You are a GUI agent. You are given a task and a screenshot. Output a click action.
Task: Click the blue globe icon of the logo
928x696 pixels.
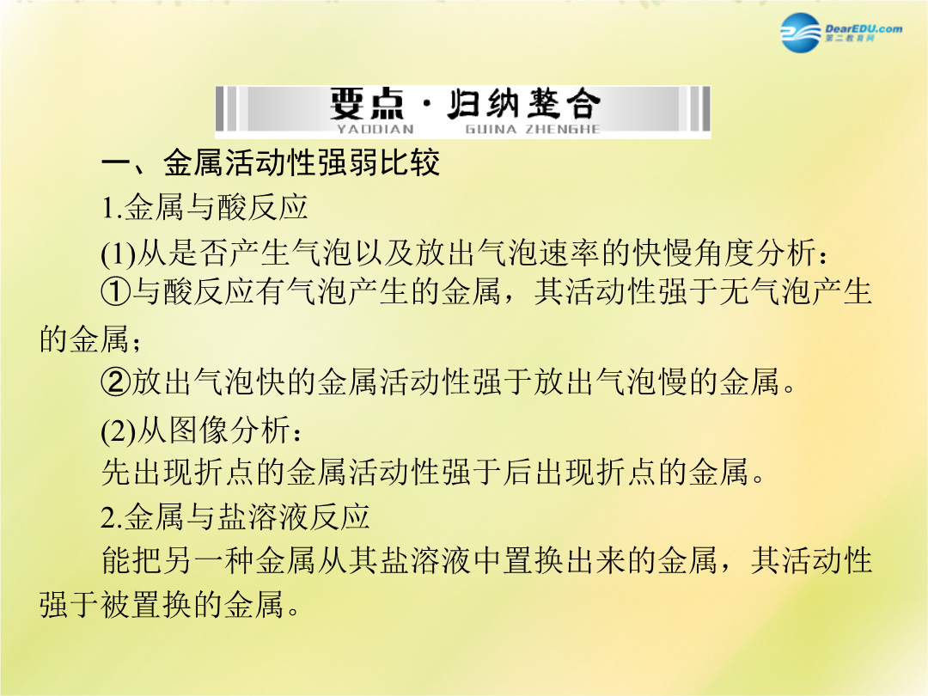[801, 33]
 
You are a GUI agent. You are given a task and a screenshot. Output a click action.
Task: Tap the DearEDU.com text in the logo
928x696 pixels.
[864, 28]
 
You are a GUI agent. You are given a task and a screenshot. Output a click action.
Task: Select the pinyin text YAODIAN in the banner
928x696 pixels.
[375, 129]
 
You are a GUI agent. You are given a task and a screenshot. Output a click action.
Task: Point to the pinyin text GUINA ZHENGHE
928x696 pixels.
[533, 129]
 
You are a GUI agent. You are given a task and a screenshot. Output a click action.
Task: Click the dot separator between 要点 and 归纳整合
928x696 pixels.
[427, 104]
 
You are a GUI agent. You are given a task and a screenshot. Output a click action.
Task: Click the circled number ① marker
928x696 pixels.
[115, 292]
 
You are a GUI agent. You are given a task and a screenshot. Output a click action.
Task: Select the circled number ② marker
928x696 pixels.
[115, 382]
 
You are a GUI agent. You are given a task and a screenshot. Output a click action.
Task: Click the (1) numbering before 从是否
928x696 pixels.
[119, 253]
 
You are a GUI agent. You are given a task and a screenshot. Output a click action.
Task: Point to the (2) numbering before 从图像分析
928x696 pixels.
[119, 430]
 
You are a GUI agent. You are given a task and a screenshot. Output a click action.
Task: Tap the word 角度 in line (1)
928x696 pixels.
[724, 253]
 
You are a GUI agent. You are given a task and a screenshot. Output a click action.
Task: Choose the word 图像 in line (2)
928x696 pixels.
[198, 430]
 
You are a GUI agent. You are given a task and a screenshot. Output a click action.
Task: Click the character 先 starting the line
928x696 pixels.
[116, 473]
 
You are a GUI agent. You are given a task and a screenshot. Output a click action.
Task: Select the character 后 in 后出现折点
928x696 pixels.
[518, 473]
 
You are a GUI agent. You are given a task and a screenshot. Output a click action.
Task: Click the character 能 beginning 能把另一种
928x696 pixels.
[116, 560]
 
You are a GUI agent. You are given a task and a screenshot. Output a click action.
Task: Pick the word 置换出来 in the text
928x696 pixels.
[565, 560]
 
